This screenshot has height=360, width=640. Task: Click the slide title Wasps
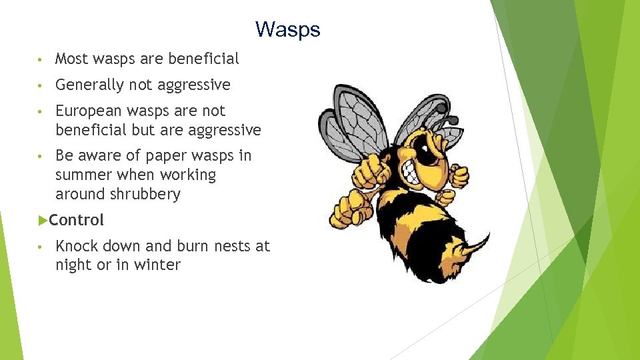click(287, 29)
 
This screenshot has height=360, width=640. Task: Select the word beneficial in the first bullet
click(203, 59)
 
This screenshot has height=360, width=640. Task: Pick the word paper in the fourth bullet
click(165, 155)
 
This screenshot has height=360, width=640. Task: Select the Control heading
click(76, 220)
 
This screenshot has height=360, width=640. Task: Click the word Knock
click(76, 246)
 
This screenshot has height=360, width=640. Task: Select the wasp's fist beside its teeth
click(459, 176)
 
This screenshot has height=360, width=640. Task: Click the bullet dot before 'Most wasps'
click(41, 59)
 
